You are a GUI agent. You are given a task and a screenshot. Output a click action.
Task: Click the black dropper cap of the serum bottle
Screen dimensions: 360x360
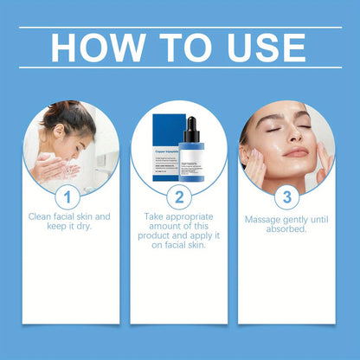click(188, 128)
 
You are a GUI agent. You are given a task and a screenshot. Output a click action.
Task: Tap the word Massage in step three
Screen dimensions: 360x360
click(264, 220)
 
